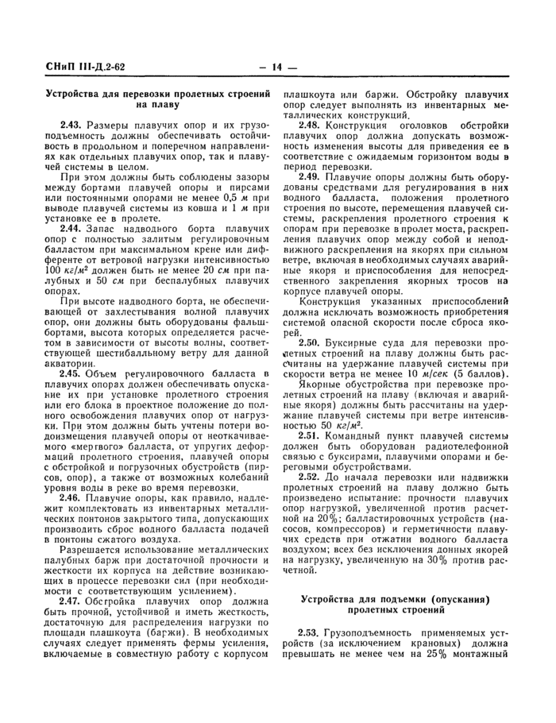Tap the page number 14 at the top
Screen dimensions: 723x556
[x=277, y=67]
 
